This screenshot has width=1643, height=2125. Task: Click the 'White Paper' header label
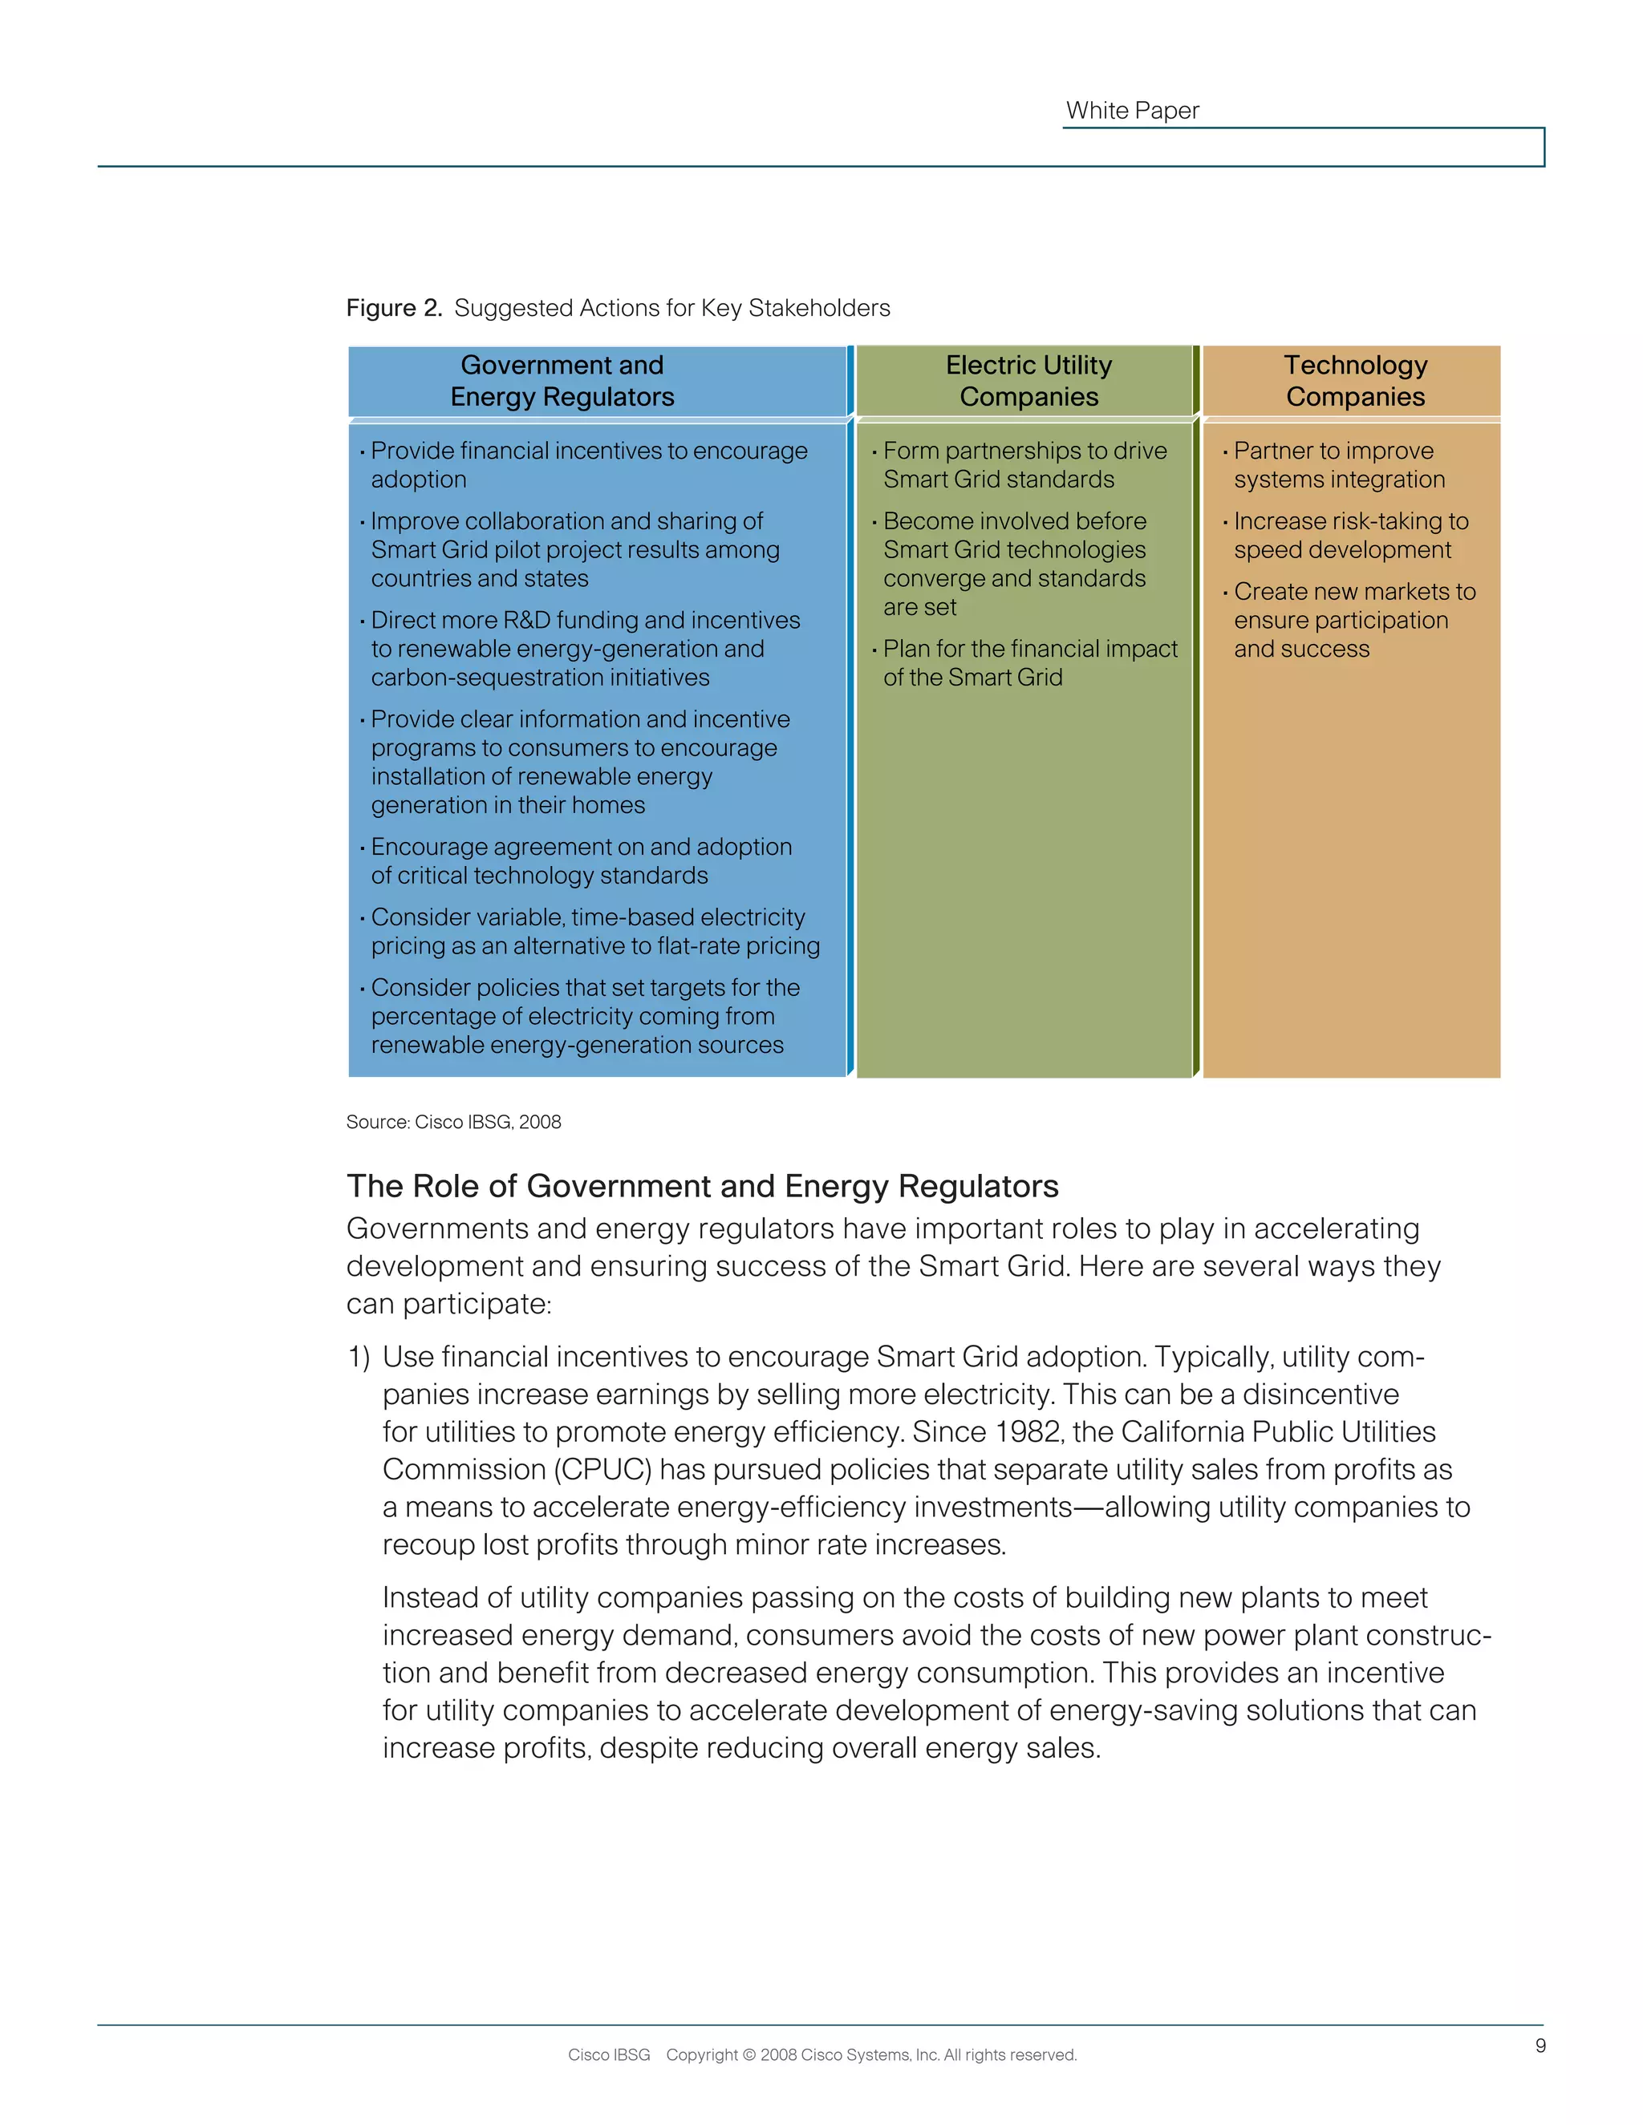(x=1132, y=111)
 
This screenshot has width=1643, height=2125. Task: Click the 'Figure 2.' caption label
(x=393, y=309)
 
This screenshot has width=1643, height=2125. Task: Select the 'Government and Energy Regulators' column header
(x=562, y=380)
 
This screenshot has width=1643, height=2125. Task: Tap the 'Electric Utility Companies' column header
(x=1028, y=380)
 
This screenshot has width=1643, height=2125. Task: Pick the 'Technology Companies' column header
(x=1354, y=380)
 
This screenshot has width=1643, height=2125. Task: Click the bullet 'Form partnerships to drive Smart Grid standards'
(x=1024, y=465)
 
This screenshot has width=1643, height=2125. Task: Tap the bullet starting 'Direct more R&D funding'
(x=584, y=648)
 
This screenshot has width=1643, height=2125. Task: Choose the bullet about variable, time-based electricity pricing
(x=594, y=931)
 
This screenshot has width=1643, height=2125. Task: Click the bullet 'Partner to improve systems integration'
(x=1338, y=465)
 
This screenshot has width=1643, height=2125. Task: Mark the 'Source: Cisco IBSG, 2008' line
(x=453, y=1122)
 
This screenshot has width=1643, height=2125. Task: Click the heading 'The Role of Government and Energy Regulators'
(x=702, y=1186)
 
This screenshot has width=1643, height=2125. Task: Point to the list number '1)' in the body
(x=358, y=1358)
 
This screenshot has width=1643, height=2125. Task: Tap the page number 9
(x=1540, y=2046)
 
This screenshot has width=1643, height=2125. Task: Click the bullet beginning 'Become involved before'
(x=1014, y=564)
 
